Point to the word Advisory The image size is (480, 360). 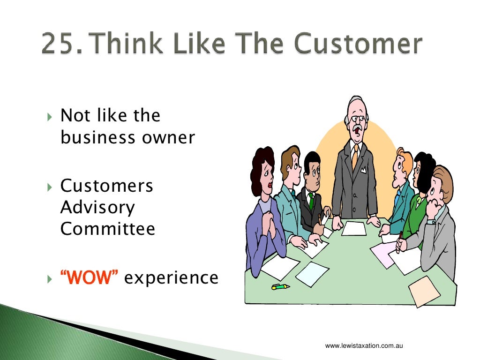97,208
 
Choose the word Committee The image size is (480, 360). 108,229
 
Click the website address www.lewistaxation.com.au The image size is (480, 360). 364,346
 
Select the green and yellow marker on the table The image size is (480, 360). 280,286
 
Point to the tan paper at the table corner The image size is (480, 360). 424,291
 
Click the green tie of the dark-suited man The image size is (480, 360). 311,202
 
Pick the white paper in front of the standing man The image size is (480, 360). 353,228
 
